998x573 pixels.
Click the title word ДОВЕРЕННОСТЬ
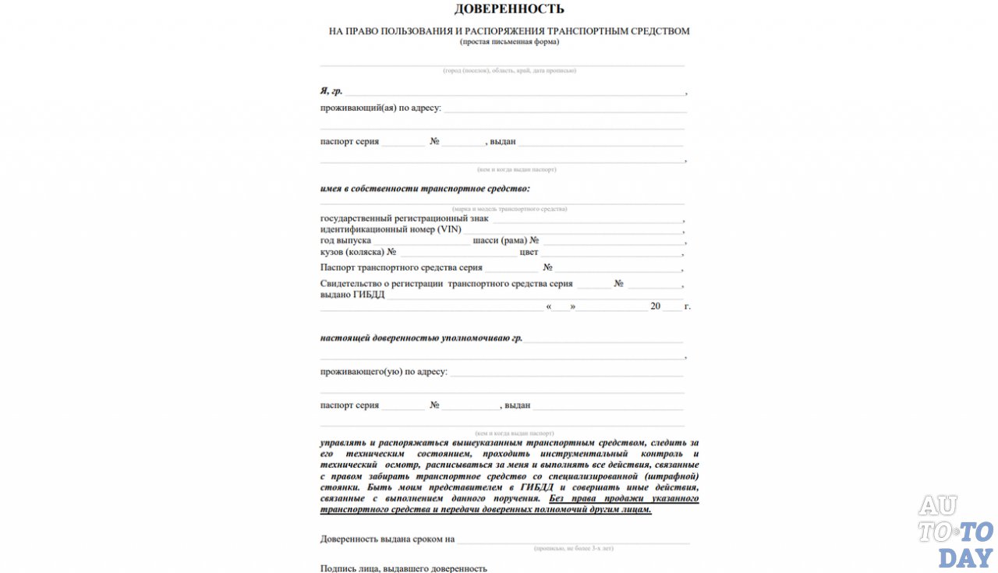pos(509,9)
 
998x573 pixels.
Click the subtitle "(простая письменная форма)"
pos(509,42)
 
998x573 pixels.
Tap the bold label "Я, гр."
pos(331,91)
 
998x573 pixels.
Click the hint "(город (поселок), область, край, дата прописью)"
pos(509,71)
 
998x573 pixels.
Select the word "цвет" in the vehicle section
pos(529,252)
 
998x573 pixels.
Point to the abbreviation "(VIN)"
pos(449,229)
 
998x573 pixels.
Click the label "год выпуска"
pos(345,241)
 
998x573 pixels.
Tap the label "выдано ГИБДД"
pos(352,295)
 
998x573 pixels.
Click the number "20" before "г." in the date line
pos(656,306)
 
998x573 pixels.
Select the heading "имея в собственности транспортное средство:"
pos(425,189)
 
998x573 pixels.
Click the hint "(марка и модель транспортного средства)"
pos(509,209)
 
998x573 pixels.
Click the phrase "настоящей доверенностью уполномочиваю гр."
pos(421,338)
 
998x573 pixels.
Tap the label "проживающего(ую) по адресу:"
pos(384,372)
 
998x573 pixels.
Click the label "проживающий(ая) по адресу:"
pos(380,108)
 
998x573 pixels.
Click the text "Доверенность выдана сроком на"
pos(387,539)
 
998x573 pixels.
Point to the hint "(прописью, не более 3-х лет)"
pos(573,549)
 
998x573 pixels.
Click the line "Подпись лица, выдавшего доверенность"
pos(403,568)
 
